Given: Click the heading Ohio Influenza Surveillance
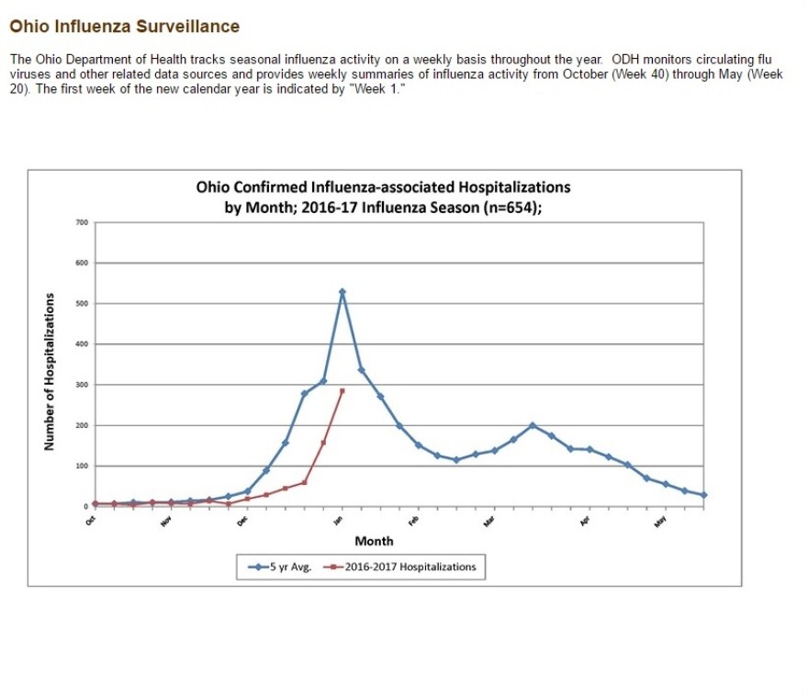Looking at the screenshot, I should [125, 27].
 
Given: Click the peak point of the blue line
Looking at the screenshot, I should [342, 292].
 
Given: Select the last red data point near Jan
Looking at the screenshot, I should [342, 390].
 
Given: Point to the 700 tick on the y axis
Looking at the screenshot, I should [82, 222].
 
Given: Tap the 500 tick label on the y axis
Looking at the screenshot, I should [82, 304].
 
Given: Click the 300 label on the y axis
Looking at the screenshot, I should [82, 385].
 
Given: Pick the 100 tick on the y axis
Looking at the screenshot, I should [82, 467].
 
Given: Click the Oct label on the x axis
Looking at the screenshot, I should [91, 521].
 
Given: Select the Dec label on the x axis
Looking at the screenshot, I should [242, 521].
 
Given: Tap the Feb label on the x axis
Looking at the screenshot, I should [414, 521].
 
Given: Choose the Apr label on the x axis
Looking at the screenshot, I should [585, 521].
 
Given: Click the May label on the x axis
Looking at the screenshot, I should [660, 521].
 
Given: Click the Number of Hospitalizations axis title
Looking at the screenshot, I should [49, 372].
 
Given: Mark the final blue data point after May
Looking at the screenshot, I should [703, 495].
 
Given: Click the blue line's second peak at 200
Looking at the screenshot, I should [533, 425].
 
